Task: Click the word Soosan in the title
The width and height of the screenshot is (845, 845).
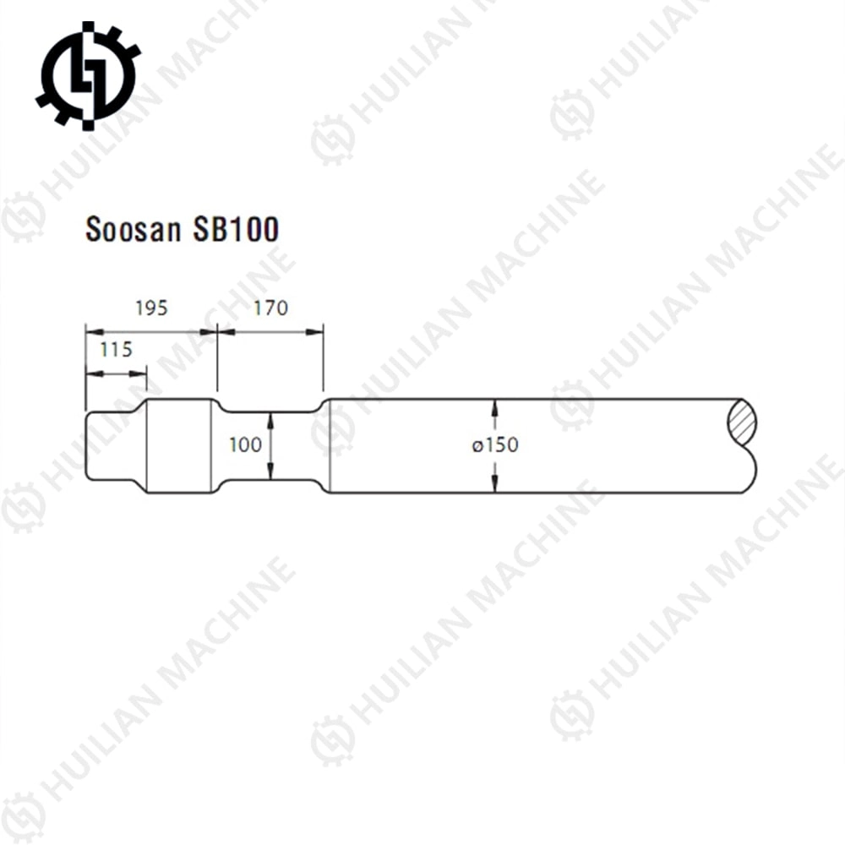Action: [128, 230]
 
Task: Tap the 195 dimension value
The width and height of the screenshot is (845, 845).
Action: [151, 308]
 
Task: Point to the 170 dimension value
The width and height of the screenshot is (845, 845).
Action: [270, 308]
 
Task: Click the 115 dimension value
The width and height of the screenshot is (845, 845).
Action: [116, 349]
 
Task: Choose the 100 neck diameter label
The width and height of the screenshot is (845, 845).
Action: [245, 444]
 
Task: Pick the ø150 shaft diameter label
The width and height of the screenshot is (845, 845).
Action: [496, 444]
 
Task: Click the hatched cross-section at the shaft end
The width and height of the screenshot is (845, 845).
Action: [741, 421]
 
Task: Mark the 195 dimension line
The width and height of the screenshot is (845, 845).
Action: [150, 332]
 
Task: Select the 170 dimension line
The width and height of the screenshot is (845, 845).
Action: [270, 332]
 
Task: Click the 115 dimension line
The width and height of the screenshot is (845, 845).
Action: [116, 372]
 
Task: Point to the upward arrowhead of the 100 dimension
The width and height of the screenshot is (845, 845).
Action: [270, 418]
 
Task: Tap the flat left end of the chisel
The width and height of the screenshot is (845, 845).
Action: [86, 445]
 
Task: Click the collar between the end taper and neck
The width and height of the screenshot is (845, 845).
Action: [179, 445]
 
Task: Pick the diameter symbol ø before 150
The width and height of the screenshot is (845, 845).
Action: [477, 445]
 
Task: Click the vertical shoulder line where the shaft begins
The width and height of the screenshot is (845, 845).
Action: [329, 445]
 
